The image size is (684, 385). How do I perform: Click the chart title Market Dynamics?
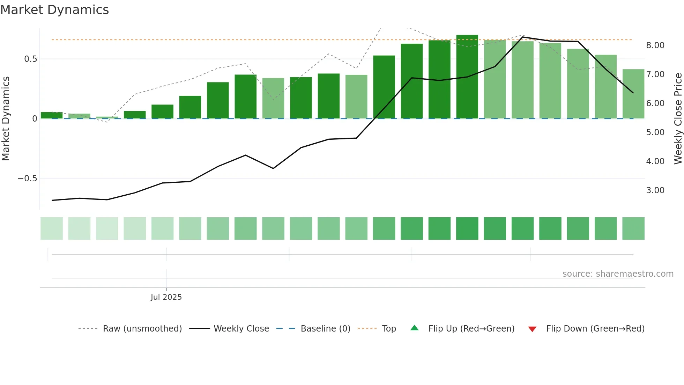[54, 10]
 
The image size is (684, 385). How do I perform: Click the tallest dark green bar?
[467, 77]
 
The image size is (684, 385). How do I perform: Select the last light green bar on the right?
[633, 94]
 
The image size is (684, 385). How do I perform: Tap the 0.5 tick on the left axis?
[31, 59]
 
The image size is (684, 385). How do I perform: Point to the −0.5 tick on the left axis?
[28, 179]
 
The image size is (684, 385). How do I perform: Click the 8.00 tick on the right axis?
[655, 45]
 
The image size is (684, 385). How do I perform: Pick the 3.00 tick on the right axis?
[655, 190]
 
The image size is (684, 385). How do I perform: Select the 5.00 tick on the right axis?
[655, 132]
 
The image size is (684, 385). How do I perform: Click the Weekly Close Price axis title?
[678, 118]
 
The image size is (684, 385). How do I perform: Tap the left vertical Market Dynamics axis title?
[6, 118]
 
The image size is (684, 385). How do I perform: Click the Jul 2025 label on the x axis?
[166, 297]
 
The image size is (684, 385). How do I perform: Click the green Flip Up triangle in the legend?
[414, 328]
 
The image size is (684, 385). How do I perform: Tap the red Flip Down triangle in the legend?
[532, 329]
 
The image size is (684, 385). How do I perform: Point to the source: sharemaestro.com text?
[618, 274]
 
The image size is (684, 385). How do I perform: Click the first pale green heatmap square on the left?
[52, 228]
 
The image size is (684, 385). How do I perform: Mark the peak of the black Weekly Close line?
[523, 37]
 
